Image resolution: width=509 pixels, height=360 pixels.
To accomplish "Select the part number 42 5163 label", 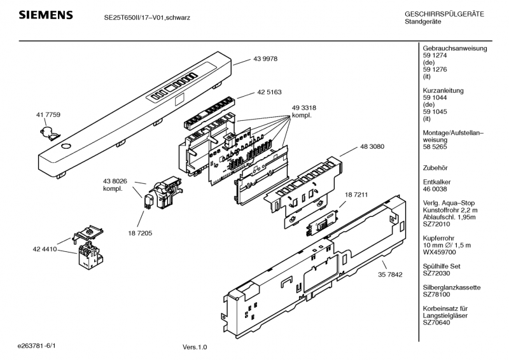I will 270,92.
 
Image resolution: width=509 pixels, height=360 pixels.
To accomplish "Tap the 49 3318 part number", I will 304,108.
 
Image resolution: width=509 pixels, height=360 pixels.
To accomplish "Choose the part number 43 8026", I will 115,181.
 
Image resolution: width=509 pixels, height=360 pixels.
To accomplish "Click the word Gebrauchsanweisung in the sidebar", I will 454,49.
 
